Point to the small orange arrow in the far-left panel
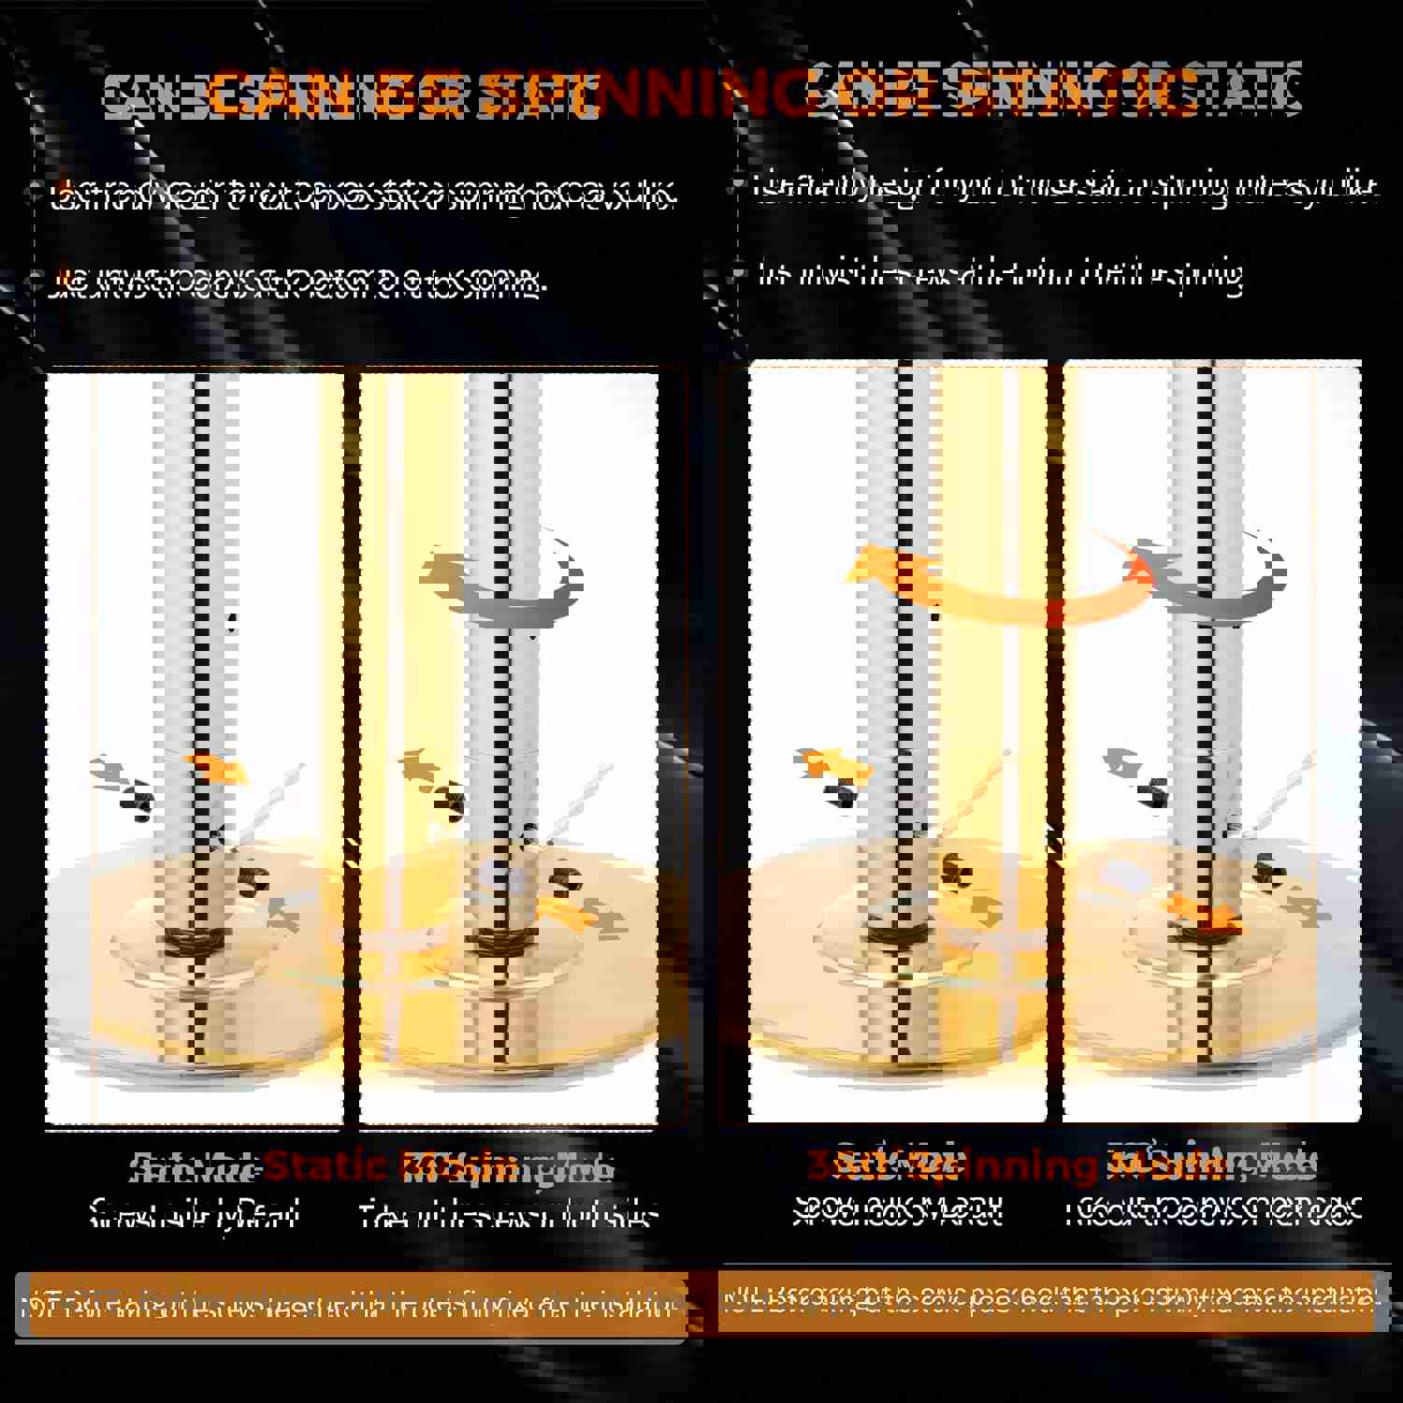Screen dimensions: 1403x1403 click(217, 769)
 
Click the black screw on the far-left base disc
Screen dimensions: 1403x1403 click(253, 879)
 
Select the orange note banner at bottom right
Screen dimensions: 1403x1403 click(1048, 1300)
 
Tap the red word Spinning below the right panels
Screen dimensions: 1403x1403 click(991, 1166)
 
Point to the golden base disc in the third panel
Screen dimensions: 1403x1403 click(898, 1010)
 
